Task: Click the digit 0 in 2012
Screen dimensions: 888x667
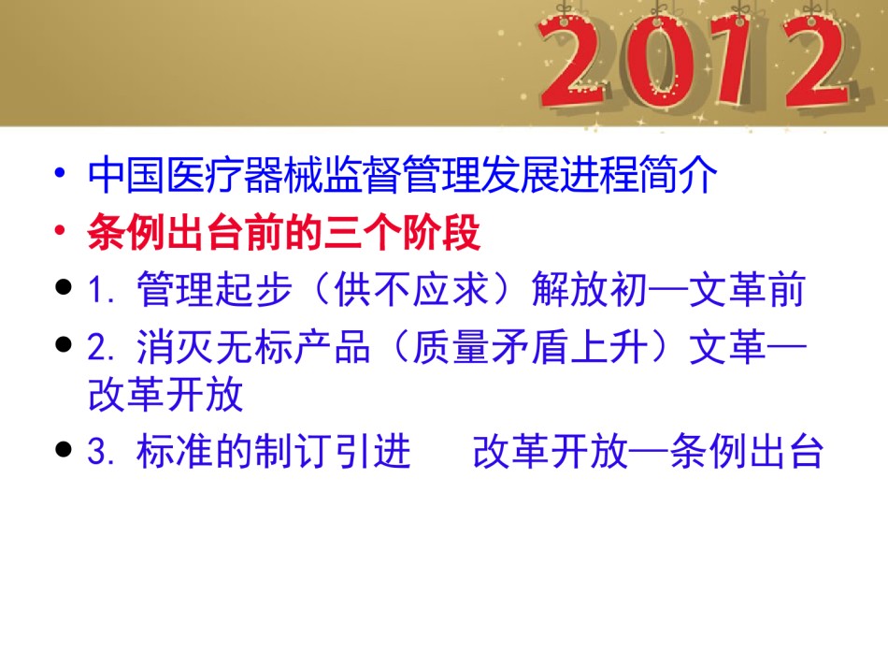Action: point(656,64)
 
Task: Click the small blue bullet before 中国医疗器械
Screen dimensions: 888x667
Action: point(61,173)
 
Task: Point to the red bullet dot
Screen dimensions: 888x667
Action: point(61,231)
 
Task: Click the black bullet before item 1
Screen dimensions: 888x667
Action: point(64,287)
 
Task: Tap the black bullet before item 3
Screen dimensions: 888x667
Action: point(64,449)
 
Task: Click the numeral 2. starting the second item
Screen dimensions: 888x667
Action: point(102,347)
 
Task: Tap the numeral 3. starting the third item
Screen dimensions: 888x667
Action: point(102,452)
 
